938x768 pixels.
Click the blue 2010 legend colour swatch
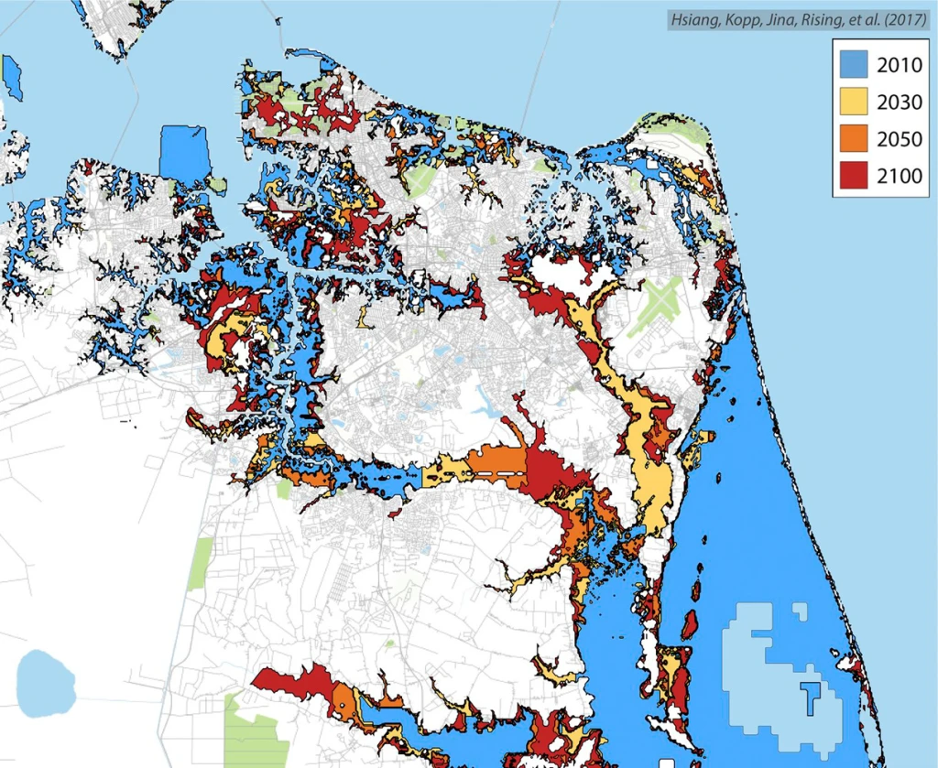point(858,65)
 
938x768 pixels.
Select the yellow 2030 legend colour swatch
point(858,103)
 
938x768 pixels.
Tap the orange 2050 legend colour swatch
point(858,140)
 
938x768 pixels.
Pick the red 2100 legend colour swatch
point(858,177)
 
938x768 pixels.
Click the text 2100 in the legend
point(900,177)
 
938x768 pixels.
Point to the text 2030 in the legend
point(900,103)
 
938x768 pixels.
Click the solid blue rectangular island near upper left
point(184,153)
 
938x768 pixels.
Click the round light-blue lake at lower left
point(44,684)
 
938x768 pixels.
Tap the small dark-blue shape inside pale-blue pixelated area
point(809,695)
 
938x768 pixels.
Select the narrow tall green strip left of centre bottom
point(200,563)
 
